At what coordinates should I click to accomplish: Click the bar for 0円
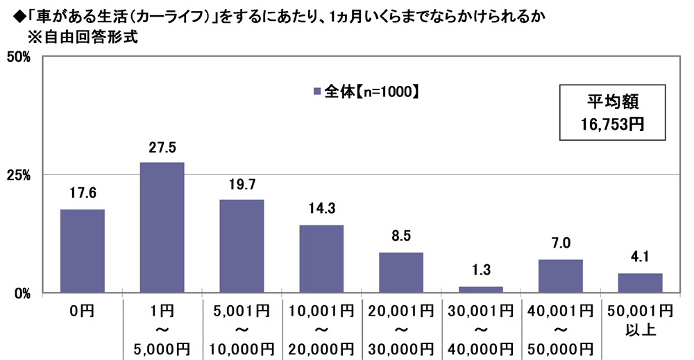pos(83,250)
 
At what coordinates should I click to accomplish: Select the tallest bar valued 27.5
pos(162,227)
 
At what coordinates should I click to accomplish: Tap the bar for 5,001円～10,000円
pos(242,246)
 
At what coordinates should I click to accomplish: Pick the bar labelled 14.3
pos(321,258)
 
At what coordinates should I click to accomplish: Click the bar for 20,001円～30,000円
pos(401,272)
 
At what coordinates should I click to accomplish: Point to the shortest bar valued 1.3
pos(480,289)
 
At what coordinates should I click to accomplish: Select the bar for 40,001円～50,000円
pos(560,275)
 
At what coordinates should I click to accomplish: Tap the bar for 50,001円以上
pos(640,282)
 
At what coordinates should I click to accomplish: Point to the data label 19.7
pos(242,185)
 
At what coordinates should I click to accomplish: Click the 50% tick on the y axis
pos(17,57)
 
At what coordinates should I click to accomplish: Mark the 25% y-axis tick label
pos(17,175)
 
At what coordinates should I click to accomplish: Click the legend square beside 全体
pos(317,91)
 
